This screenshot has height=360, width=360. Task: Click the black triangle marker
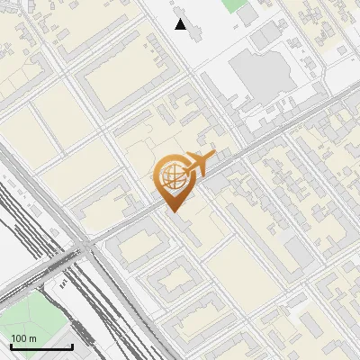pyautogui.click(x=181, y=24)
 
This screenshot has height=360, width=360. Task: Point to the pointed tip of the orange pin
pyautogui.click(x=172, y=211)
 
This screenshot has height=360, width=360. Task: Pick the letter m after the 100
pyautogui.click(x=32, y=338)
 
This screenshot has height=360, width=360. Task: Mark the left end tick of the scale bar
pyautogui.click(x=11, y=346)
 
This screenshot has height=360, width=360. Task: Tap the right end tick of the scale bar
pyautogui.click(x=72, y=346)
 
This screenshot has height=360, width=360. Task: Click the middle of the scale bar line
pyautogui.click(x=41, y=347)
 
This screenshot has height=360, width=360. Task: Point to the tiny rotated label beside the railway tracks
pyautogui.click(x=63, y=283)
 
